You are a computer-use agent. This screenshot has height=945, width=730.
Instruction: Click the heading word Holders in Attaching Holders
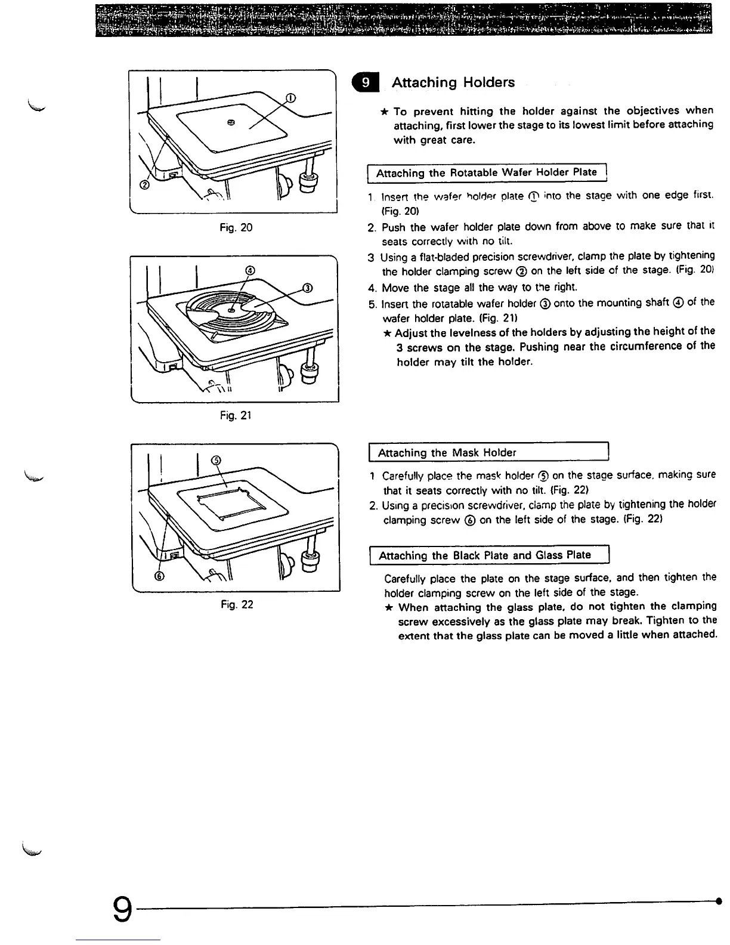pyautogui.click(x=488, y=82)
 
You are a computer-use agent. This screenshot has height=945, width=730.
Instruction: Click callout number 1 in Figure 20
pyautogui.click(x=290, y=98)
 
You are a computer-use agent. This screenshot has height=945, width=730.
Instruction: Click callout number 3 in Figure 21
pyautogui.click(x=308, y=289)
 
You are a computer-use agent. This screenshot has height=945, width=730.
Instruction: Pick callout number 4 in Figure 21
pyautogui.click(x=250, y=271)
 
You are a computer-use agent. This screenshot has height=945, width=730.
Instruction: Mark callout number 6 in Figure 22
pyautogui.click(x=159, y=576)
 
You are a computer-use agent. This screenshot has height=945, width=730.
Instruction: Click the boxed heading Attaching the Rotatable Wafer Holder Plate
pyautogui.click(x=486, y=173)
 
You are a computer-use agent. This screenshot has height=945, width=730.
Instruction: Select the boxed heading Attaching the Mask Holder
pyautogui.click(x=447, y=453)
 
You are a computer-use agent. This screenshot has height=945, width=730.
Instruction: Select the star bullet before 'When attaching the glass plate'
pyautogui.click(x=388, y=608)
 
